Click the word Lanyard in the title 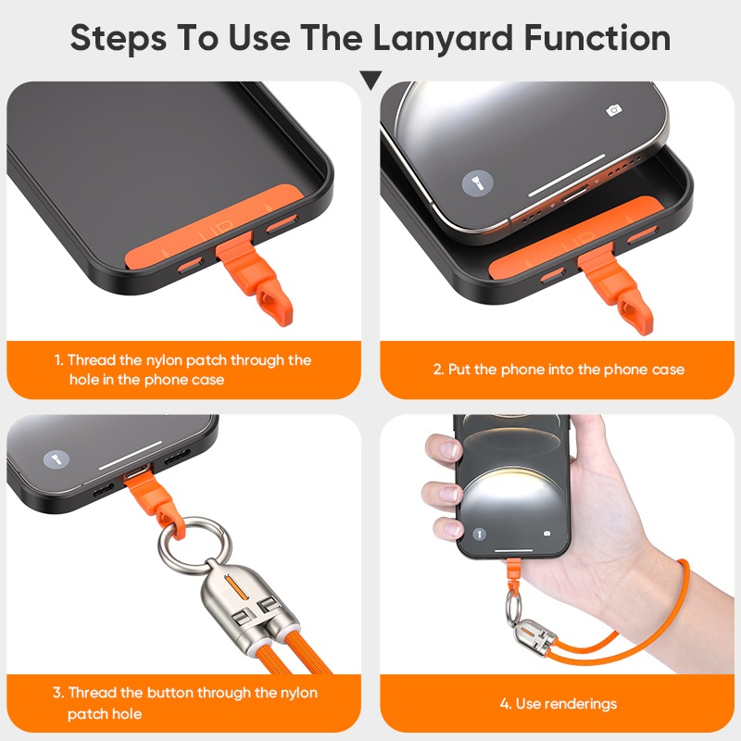pos(443,38)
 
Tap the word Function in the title pos(597,37)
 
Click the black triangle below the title pos(370,80)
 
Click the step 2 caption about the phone pos(559,369)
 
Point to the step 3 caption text pos(184,703)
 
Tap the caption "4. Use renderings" pos(559,704)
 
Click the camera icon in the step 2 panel pos(614,110)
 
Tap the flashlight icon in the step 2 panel pos(477,182)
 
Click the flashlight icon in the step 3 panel pos(57,459)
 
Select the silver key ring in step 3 pos(195,543)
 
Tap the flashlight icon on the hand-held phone pos(480,534)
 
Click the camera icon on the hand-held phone pos(546,534)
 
